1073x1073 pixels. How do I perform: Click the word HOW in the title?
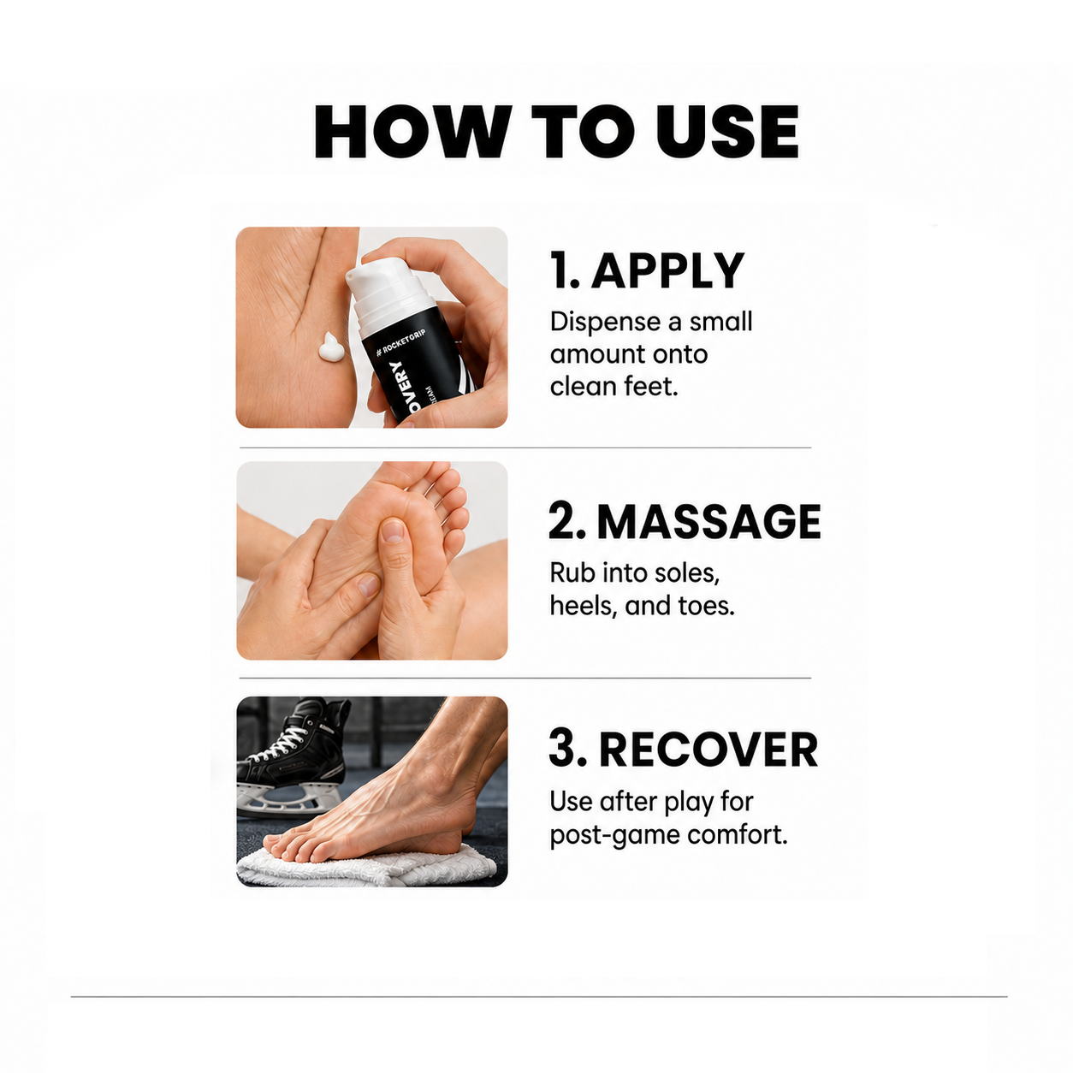[x=412, y=132]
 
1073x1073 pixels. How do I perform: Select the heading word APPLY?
[x=667, y=270]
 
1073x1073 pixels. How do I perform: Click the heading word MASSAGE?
[x=708, y=521]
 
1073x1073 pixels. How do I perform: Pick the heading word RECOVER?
[x=708, y=750]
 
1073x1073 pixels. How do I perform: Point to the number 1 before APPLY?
[x=560, y=270]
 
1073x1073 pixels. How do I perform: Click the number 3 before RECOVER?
[x=564, y=750]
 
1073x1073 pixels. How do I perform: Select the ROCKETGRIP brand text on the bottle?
[x=401, y=342]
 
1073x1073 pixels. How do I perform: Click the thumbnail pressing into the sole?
[x=393, y=531]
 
